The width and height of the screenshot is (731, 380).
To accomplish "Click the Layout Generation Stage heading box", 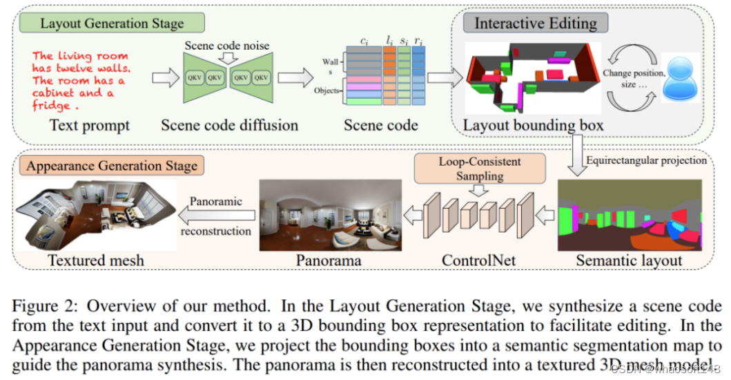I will click(x=112, y=23).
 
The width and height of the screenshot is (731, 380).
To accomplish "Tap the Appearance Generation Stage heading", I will click(x=112, y=166).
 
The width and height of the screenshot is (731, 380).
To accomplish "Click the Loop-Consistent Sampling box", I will click(x=480, y=169).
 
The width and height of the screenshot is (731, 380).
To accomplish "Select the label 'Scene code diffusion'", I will click(x=229, y=125).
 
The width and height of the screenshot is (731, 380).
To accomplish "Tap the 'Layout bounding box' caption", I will click(x=533, y=125).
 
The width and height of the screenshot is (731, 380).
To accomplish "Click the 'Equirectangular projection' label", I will click(x=646, y=160).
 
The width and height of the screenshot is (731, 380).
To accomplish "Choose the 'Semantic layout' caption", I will click(x=629, y=260).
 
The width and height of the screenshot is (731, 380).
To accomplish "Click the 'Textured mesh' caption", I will click(x=96, y=260).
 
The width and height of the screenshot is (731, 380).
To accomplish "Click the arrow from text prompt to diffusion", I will click(x=164, y=77).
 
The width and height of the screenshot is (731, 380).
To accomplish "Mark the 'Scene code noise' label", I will click(x=227, y=46).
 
